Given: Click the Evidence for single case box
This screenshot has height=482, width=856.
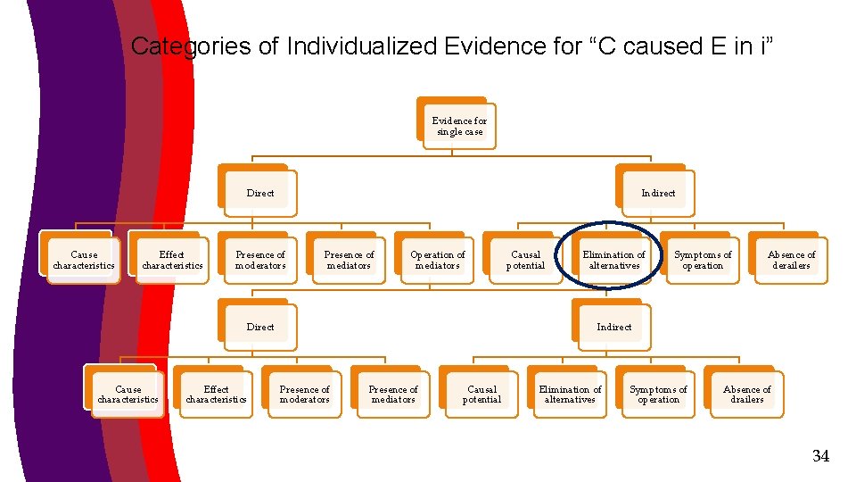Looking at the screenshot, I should (459, 126).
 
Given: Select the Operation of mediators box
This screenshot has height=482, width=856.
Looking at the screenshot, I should (437, 260).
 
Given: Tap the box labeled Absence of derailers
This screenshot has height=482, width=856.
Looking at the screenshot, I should (791, 260).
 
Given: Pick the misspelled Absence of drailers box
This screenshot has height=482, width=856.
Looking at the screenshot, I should (746, 395).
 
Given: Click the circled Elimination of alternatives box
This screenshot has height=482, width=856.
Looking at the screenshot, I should (613, 260).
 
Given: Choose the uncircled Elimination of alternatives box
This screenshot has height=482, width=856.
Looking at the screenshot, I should (570, 395).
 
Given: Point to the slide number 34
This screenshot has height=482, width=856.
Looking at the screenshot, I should (820, 456).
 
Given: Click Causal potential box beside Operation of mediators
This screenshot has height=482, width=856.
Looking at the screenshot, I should (525, 260).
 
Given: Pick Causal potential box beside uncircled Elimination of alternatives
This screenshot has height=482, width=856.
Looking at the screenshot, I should (481, 395).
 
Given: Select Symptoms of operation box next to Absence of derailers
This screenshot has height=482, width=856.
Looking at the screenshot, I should (703, 260).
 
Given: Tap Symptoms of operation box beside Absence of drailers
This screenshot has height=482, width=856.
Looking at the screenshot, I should (658, 395).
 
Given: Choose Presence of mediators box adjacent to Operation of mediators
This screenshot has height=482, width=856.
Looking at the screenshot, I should (349, 260).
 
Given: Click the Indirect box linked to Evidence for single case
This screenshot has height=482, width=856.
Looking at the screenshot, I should (658, 193).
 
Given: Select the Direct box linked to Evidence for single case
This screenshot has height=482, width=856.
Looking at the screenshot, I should (260, 193).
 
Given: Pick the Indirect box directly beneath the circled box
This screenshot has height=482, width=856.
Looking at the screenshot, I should (613, 327).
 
